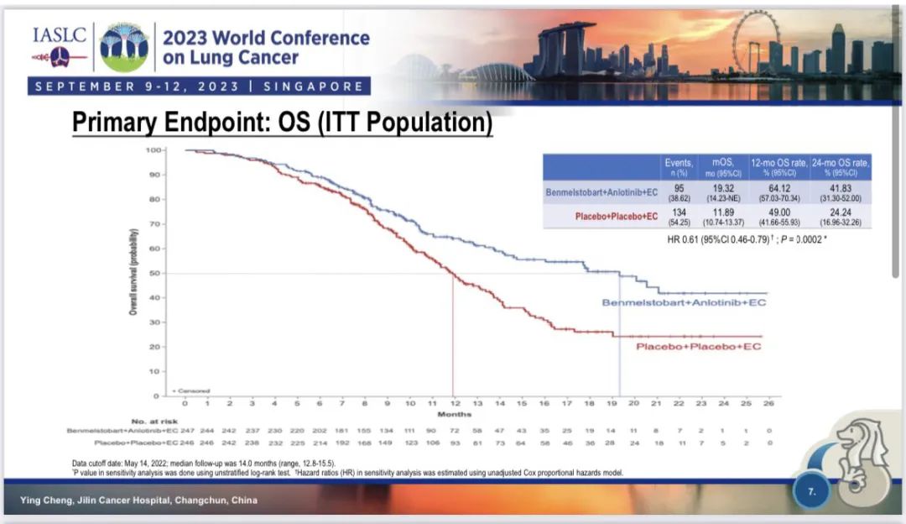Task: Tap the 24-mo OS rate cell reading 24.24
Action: (x=840, y=213)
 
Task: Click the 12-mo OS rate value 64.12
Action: (x=779, y=188)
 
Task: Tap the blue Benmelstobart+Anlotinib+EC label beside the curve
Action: (x=684, y=302)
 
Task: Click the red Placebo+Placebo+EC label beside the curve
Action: (x=698, y=347)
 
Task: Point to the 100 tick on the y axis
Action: (x=153, y=150)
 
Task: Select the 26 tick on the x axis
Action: (x=768, y=404)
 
